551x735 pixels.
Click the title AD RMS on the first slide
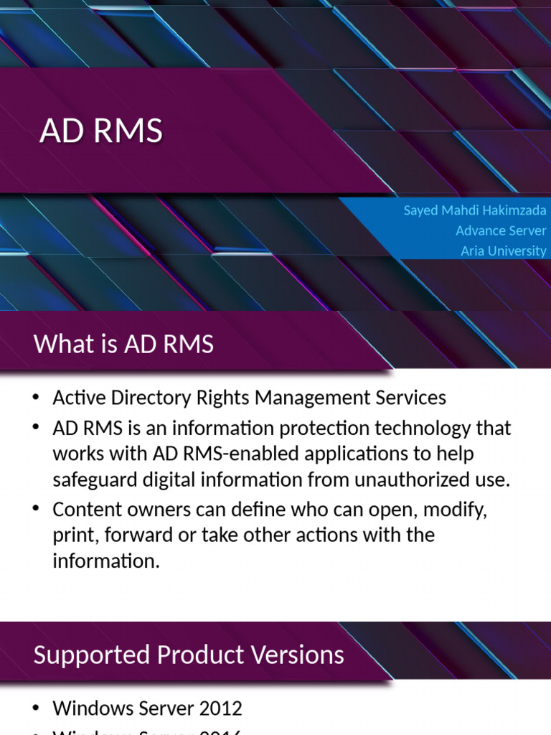coord(101,131)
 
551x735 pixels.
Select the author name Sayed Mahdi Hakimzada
coord(474,211)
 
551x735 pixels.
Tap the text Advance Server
coord(501,230)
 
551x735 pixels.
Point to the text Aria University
coord(503,251)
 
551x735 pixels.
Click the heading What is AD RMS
coord(123,344)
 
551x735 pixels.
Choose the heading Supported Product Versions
coord(189,655)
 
